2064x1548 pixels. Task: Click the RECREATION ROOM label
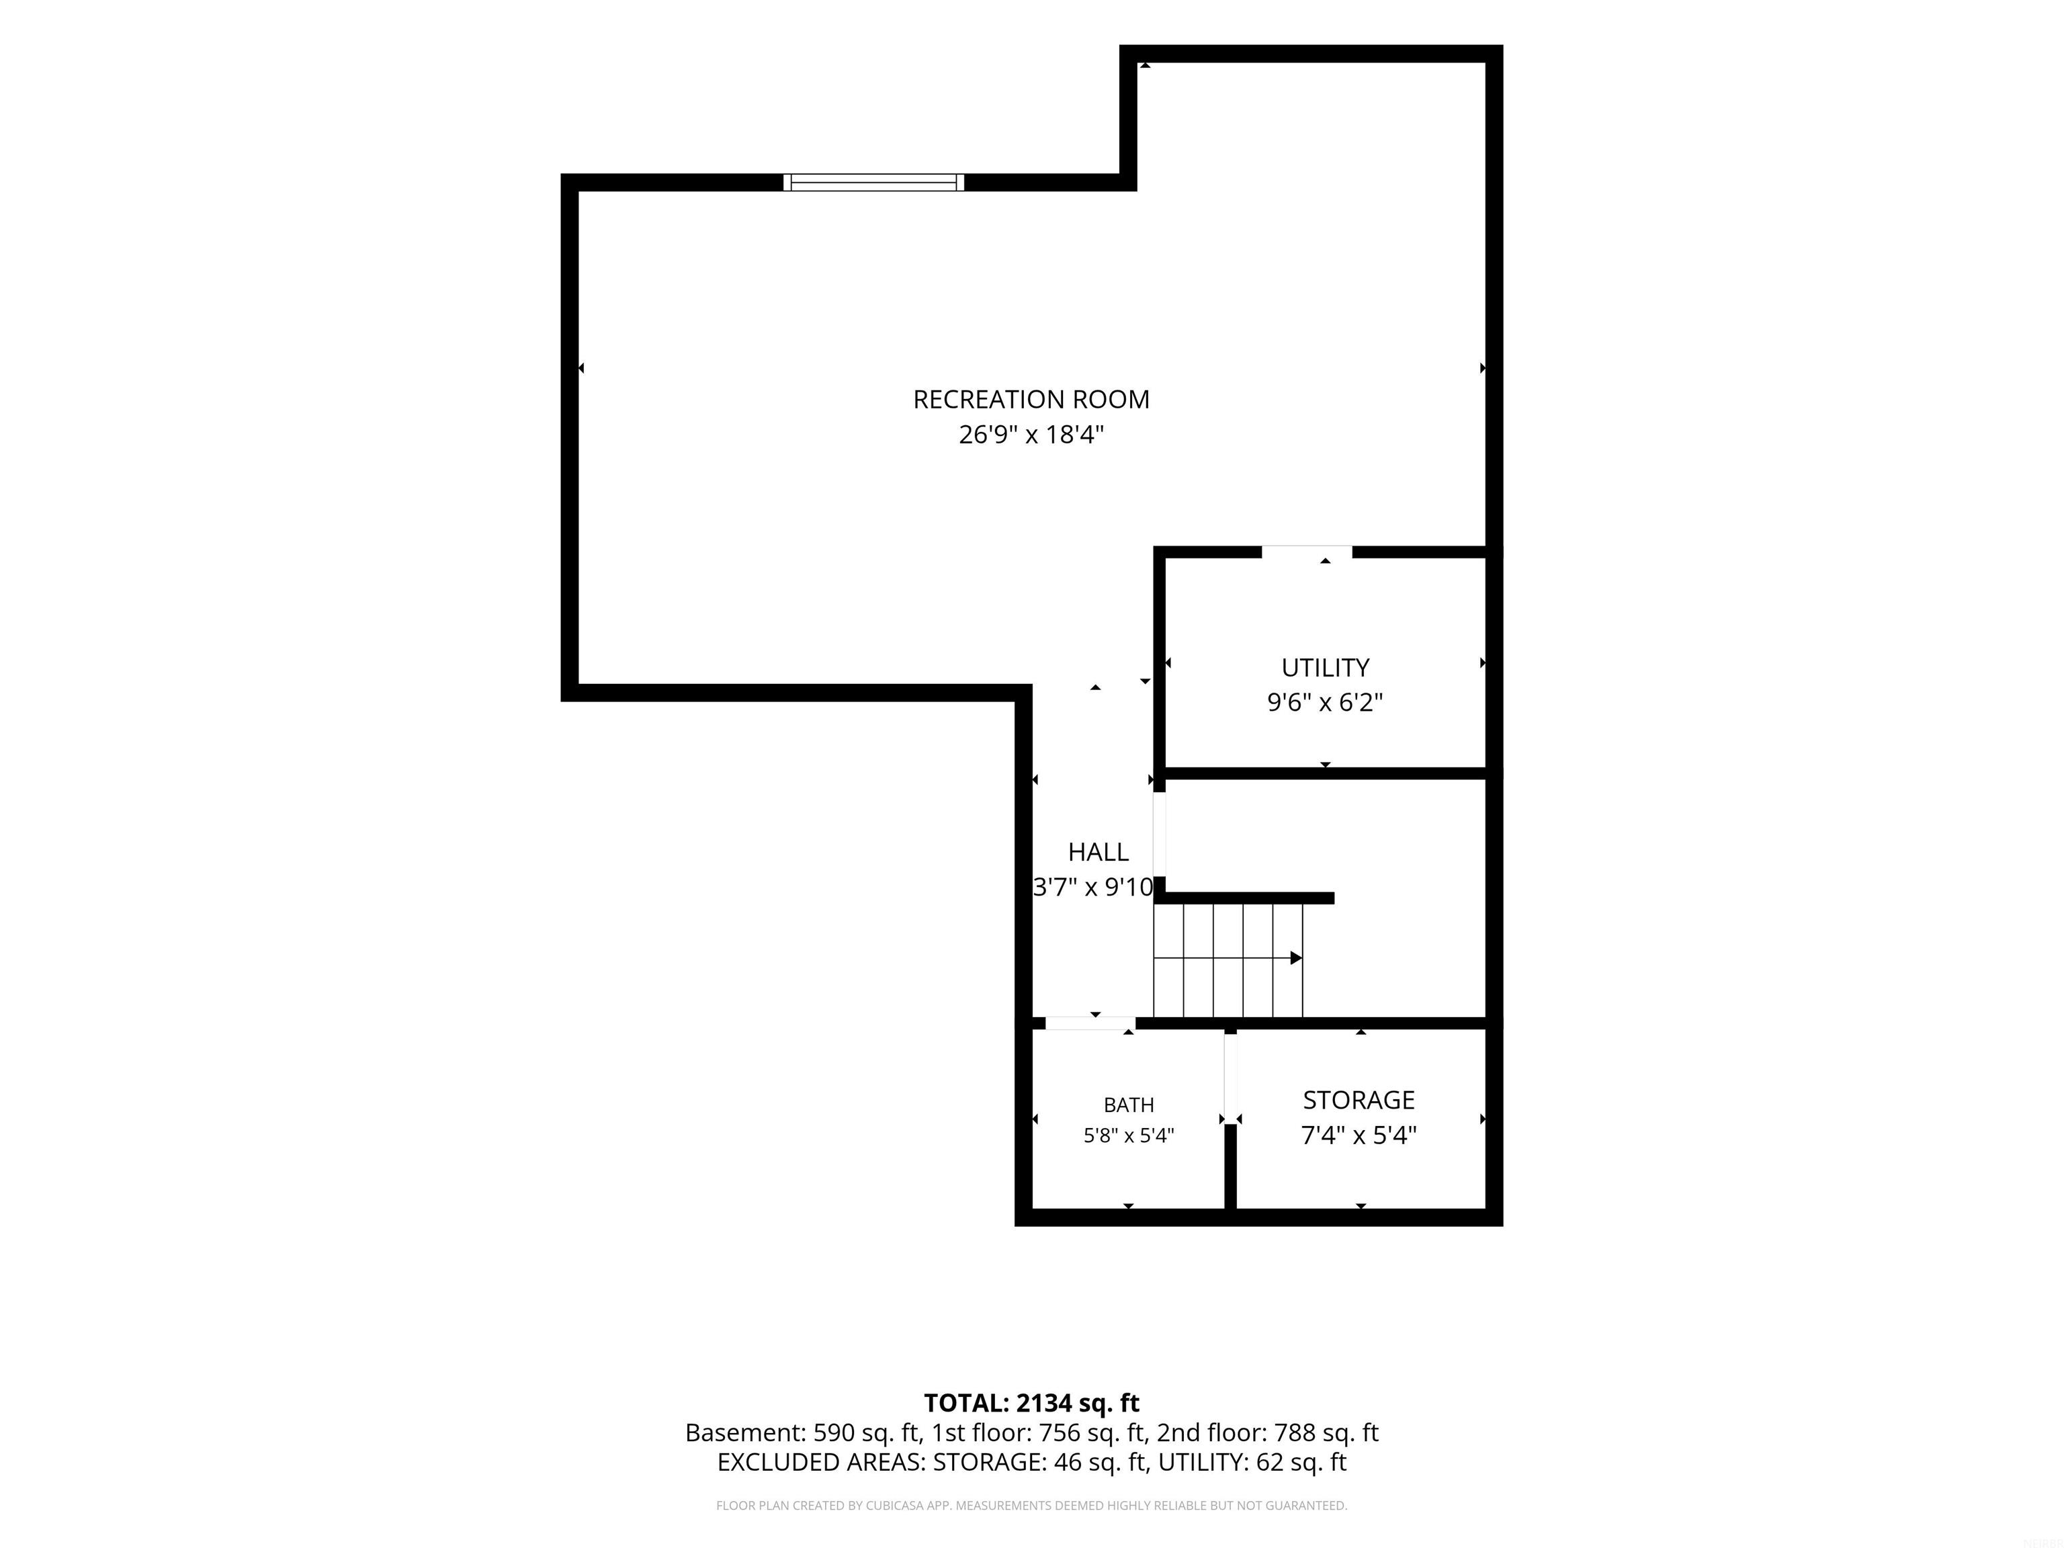click(1031, 399)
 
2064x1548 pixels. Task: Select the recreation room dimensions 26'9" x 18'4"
click(1031, 435)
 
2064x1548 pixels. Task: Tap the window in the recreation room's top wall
click(873, 182)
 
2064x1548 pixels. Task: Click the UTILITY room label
click(1325, 668)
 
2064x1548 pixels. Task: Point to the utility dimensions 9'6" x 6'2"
click(1325, 703)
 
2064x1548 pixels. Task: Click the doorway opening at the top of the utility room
click(1306, 552)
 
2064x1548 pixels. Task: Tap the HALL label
click(1099, 852)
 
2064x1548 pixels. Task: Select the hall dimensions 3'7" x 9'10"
click(1094, 888)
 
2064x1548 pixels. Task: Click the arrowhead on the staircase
click(1296, 958)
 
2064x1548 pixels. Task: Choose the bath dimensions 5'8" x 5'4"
click(1129, 1135)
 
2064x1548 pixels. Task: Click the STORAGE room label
click(1359, 1100)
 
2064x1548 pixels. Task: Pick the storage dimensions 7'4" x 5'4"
click(1359, 1135)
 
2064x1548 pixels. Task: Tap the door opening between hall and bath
click(1090, 1024)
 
